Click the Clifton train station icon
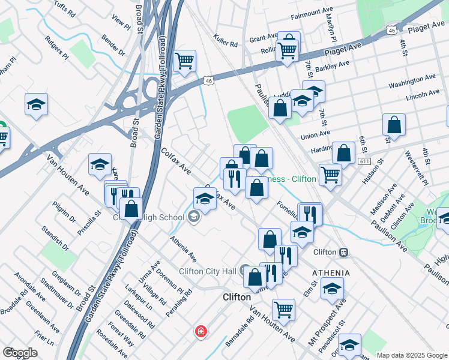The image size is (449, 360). [x=344, y=253]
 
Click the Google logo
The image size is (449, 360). [x=20, y=352]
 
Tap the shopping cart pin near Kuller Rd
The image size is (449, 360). [x=185, y=60]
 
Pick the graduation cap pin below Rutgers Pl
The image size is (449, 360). [x=36, y=105]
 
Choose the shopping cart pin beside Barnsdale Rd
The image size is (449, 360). [x=283, y=310]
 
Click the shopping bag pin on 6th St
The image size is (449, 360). [x=394, y=125]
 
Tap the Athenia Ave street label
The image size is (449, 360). [x=183, y=248]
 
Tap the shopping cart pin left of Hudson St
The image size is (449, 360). [x=330, y=174]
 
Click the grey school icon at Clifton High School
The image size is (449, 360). [x=194, y=218]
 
